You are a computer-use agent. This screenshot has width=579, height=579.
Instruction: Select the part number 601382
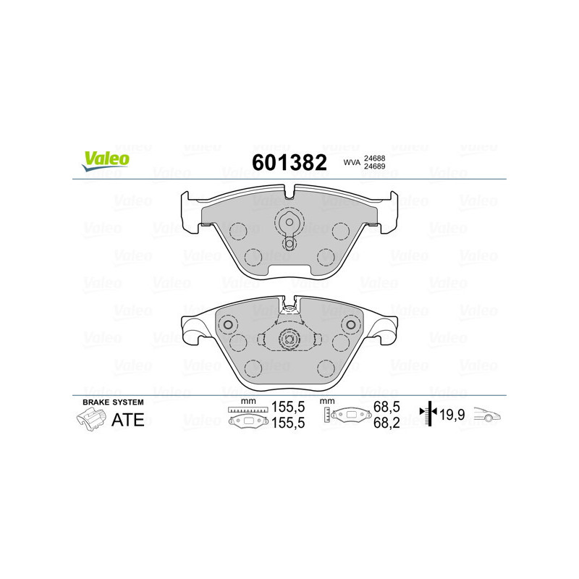[289, 162]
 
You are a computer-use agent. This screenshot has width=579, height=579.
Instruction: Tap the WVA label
[351, 163]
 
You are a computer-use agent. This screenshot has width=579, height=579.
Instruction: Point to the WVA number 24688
[374, 157]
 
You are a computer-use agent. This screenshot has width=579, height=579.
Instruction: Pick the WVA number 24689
[374, 167]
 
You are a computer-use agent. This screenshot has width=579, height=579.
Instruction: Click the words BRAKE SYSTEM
[113, 402]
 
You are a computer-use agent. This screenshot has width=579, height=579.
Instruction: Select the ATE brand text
[127, 420]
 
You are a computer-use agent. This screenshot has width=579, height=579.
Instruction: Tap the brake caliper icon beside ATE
[90, 419]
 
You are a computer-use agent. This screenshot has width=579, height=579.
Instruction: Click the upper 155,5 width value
[286, 408]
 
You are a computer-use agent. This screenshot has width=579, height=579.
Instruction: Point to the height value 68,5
[387, 408]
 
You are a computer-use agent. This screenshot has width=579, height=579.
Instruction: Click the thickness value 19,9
[452, 415]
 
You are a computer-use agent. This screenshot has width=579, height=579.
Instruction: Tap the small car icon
[487, 415]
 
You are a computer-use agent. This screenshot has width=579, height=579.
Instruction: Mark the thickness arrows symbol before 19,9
[429, 414]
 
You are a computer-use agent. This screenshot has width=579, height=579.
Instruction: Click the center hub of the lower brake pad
[289, 338]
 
